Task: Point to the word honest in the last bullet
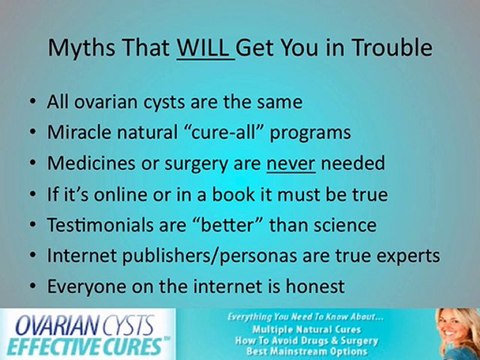pyautogui.click(x=312, y=286)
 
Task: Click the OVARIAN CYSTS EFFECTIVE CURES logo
pyautogui.click(x=88, y=334)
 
